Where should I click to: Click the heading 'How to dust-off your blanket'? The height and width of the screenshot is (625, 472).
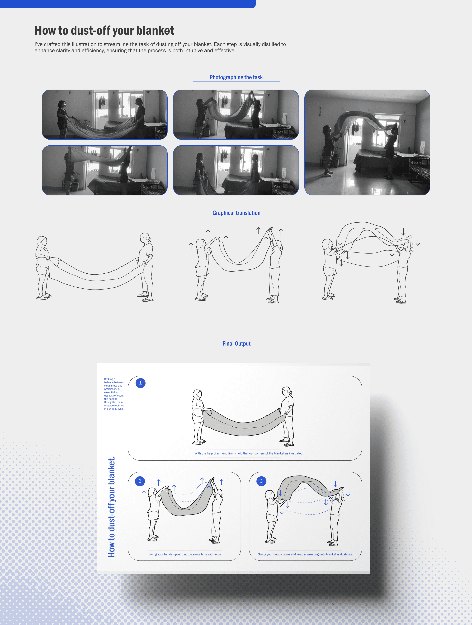104,30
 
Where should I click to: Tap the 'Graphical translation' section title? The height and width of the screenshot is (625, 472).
236,213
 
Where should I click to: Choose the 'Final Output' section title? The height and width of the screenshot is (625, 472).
236,344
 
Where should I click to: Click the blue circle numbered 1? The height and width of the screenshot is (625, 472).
140,383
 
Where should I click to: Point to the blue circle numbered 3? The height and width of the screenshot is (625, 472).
261,481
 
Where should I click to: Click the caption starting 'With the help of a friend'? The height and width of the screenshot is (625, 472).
249,453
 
